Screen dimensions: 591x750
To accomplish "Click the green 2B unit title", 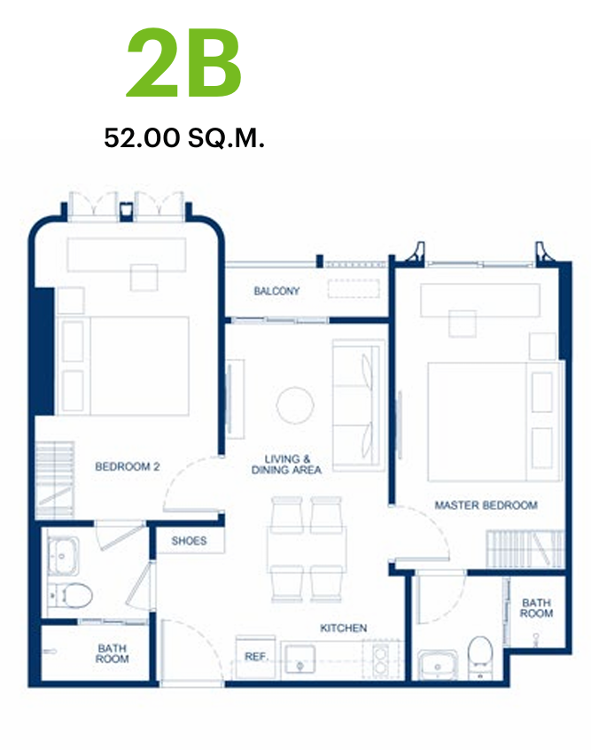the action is [184, 63].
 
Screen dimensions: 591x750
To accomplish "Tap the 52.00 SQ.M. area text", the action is [184, 138].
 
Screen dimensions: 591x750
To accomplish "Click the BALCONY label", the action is [276, 291].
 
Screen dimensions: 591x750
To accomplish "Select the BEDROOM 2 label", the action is [128, 466].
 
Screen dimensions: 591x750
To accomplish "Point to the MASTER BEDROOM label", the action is [486, 505].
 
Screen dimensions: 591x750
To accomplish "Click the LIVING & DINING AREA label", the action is [286, 465].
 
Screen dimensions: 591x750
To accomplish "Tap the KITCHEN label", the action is [343, 628].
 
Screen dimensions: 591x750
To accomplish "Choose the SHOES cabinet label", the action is [190, 541].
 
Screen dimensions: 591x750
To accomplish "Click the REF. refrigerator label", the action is [256, 657].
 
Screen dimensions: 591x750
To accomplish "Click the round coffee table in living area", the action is [295, 406].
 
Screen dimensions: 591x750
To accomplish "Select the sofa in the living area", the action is [359, 405].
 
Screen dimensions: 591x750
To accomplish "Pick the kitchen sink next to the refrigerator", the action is [300, 660].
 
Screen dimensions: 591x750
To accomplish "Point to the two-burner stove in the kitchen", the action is [380, 659].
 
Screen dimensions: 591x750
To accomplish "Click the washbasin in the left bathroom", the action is [63, 556].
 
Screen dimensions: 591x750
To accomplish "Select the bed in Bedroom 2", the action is [123, 365].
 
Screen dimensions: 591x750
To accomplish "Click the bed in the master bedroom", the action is [495, 421].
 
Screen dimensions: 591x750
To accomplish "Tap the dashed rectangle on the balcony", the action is [354, 289].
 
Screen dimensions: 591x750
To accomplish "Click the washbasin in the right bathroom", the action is [438, 664].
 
